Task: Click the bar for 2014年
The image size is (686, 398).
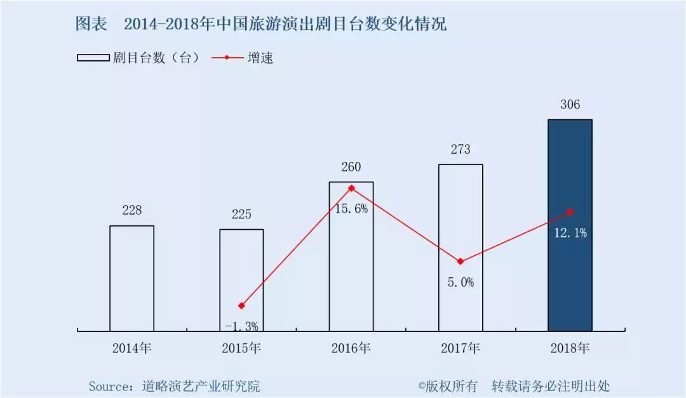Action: (131, 278)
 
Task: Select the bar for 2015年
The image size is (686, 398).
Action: (241, 280)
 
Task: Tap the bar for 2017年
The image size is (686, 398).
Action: (461, 248)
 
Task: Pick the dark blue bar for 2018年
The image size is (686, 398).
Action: (570, 225)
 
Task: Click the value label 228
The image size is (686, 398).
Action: (131, 210)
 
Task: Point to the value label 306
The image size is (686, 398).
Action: (570, 105)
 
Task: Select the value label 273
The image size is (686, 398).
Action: (461, 150)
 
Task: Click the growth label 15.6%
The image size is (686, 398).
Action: (352, 208)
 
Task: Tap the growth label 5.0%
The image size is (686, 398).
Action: (460, 282)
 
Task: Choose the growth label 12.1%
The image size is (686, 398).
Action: (570, 233)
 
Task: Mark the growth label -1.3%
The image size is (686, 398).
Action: (242, 326)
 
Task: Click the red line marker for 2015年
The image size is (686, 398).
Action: (241, 306)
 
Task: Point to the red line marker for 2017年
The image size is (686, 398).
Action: (461, 262)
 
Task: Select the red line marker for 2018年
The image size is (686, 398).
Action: (570, 211)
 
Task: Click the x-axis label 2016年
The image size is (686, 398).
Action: (351, 348)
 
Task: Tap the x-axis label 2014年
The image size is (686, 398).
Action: (132, 348)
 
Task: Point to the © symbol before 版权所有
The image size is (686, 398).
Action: (420, 386)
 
